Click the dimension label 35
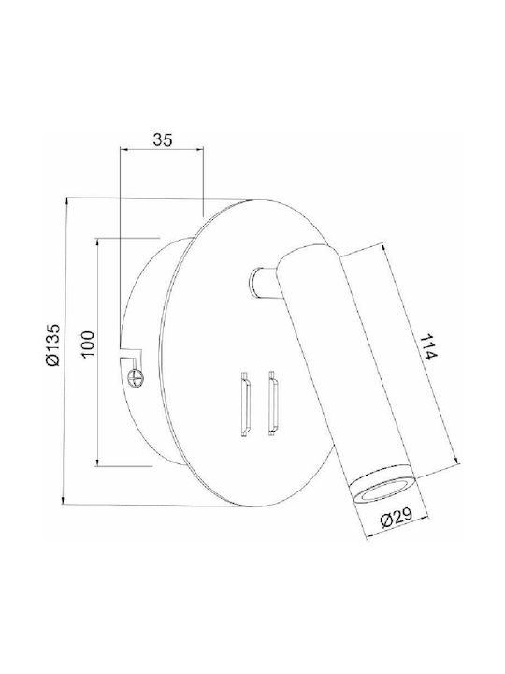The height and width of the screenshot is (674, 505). click(x=163, y=139)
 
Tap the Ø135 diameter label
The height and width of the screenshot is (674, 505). click(x=53, y=344)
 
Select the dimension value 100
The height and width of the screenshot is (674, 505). click(x=88, y=344)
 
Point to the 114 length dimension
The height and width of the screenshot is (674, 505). click(x=427, y=347)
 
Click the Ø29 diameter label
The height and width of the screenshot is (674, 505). click(x=397, y=517)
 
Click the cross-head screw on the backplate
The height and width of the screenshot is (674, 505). click(x=136, y=378)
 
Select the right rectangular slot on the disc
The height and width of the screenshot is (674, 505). click(x=272, y=403)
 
